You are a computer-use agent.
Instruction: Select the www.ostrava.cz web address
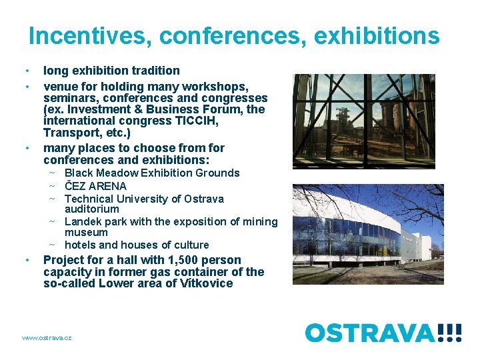tap(47, 338)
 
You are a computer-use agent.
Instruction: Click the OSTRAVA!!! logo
tap(383, 331)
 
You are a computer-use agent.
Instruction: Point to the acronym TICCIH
tap(196, 121)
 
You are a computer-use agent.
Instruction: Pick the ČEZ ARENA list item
tap(95, 186)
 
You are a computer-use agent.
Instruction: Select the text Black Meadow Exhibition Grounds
tap(152, 173)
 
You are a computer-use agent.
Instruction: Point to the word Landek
tap(83, 221)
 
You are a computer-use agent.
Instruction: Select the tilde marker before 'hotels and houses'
tap(51, 245)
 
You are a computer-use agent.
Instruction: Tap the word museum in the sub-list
tap(86, 233)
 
